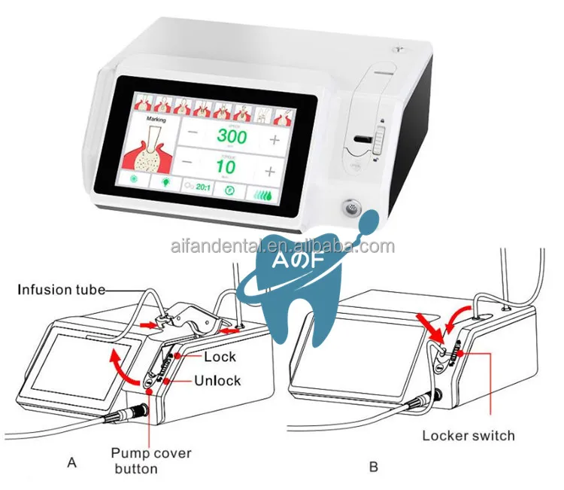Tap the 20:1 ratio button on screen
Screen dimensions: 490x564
(199, 190)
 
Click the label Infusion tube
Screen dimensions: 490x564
(61, 288)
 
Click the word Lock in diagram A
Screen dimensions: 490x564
(220, 357)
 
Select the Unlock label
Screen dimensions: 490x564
(217, 380)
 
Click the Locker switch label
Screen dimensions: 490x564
(468, 435)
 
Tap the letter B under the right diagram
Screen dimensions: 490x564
(373, 467)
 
